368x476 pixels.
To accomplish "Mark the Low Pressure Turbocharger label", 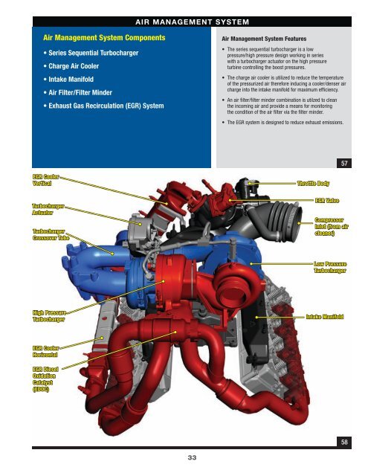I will [330, 267].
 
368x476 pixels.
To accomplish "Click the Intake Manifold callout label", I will [324, 317].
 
